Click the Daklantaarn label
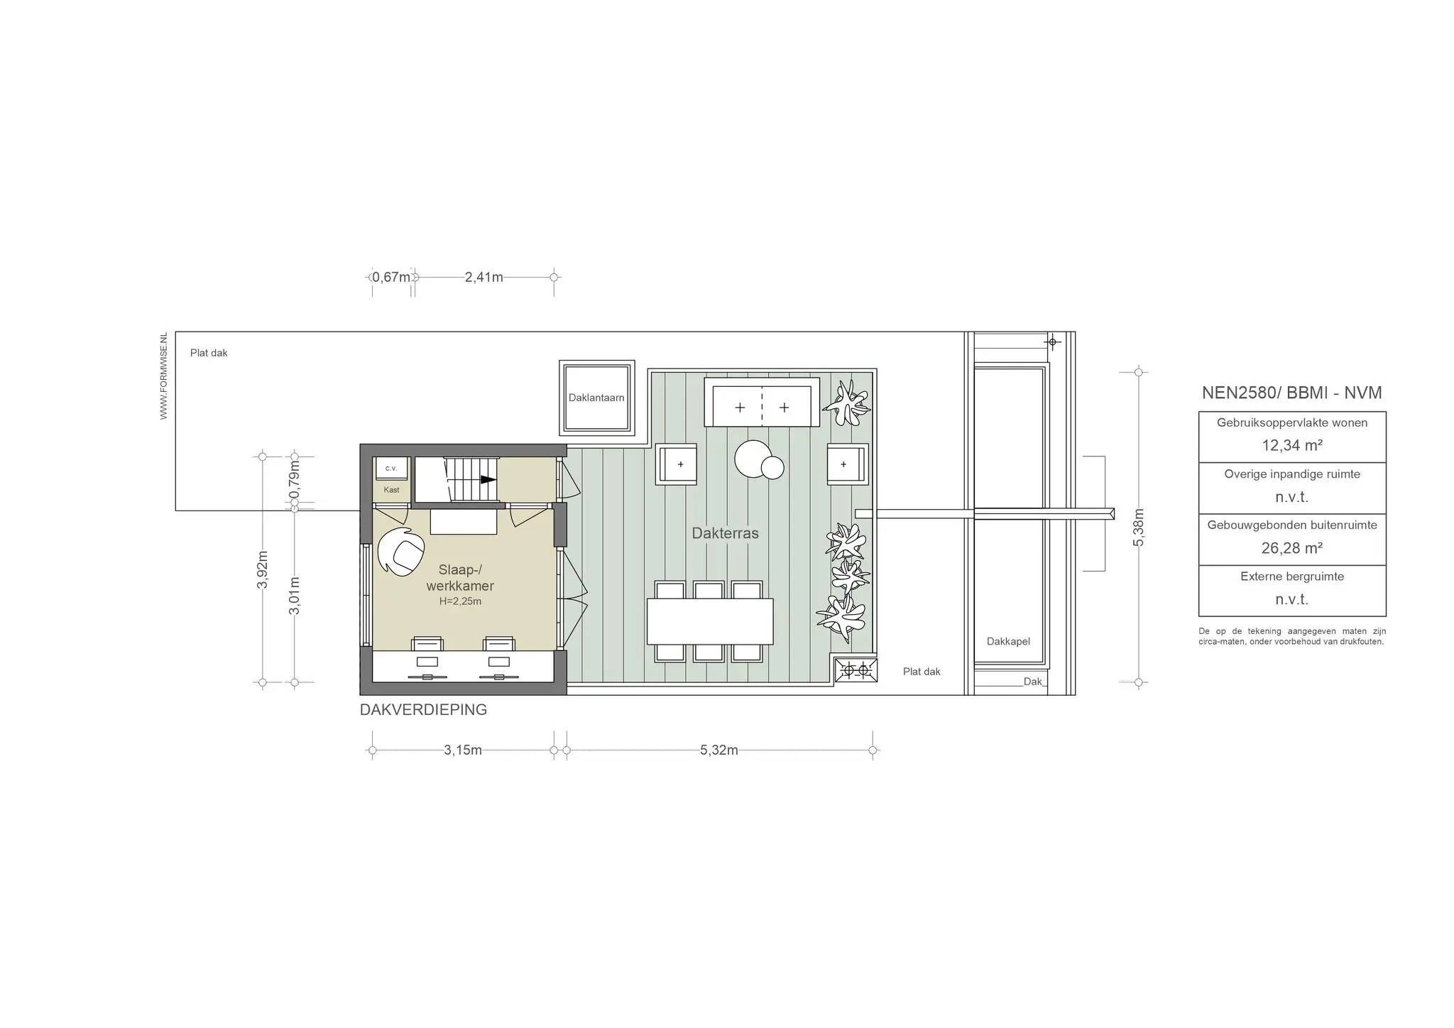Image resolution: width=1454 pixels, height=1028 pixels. pos(596,398)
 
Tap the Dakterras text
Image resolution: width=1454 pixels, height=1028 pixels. pos(725,533)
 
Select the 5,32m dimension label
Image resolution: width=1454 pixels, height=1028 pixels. pos(718,750)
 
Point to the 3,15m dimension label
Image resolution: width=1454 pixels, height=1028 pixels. pos(463,750)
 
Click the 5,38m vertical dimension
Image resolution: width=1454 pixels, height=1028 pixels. pos(1139,527)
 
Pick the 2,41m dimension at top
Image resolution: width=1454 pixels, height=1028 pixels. pos(483,277)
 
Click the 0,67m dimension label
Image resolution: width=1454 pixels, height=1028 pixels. pos(391,277)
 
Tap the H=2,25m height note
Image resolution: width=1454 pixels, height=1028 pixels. pos(460,601)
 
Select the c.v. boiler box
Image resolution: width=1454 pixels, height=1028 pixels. pos(391,469)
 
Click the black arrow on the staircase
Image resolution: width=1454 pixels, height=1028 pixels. pos(488,479)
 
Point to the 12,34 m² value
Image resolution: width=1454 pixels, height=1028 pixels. pos(1291,446)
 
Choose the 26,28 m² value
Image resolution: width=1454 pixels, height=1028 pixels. pos(1291,548)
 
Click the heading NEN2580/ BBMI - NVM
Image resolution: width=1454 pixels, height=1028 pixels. pos(1291,393)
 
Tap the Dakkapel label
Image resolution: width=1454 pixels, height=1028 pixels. pos(1008,641)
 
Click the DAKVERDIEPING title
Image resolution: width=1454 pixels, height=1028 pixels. pos(423,710)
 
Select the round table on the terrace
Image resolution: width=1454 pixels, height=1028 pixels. pos(753,459)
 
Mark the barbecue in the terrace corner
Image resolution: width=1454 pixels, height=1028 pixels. pos(856,669)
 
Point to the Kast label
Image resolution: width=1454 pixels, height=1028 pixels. pos(391,490)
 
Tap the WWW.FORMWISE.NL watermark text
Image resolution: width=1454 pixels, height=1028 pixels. pos(164,376)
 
